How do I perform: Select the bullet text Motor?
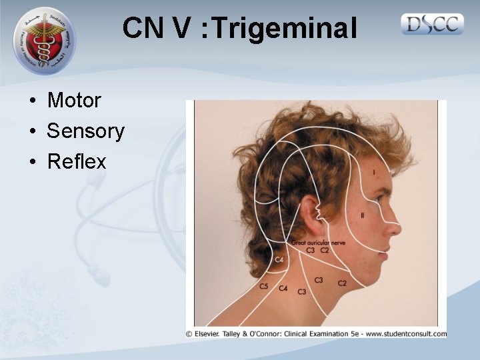click(74, 101)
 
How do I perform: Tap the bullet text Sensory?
click(85, 131)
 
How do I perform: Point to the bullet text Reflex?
click(77, 161)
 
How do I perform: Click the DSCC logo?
click(433, 25)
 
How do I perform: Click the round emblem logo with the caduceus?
click(45, 41)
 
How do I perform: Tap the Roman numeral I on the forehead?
click(373, 173)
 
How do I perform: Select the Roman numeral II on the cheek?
click(362, 215)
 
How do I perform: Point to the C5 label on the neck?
click(264, 286)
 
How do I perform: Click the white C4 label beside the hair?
click(279, 259)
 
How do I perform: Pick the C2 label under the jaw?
click(342, 283)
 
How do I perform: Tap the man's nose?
click(395, 227)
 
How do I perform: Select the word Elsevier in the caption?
click(211, 333)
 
